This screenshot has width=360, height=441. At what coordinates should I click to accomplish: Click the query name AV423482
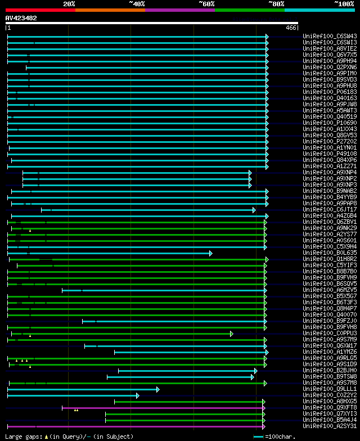click(21, 18)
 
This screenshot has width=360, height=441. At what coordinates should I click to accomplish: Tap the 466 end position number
click(291, 28)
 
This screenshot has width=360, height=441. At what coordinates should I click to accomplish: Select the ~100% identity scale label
click(344, 4)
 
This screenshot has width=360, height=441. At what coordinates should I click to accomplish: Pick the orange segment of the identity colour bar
click(110, 10)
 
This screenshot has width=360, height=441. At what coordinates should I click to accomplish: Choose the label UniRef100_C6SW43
click(330, 36)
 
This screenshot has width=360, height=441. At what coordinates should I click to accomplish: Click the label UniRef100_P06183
click(330, 92)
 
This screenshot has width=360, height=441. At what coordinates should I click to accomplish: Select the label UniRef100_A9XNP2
click(330, 178)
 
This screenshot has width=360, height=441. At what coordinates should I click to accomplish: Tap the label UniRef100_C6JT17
click(330, 209)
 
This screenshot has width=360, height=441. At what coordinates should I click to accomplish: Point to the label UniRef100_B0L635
click(330, 253)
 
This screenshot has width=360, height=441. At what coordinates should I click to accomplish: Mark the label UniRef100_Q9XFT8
click(330, 407)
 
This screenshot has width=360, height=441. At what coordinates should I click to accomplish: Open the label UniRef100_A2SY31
click(330, 426)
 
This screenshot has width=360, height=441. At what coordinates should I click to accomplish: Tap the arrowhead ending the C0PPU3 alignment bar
click(231, 334)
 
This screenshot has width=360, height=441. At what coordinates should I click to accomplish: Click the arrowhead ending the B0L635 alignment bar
click(211, 253)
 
